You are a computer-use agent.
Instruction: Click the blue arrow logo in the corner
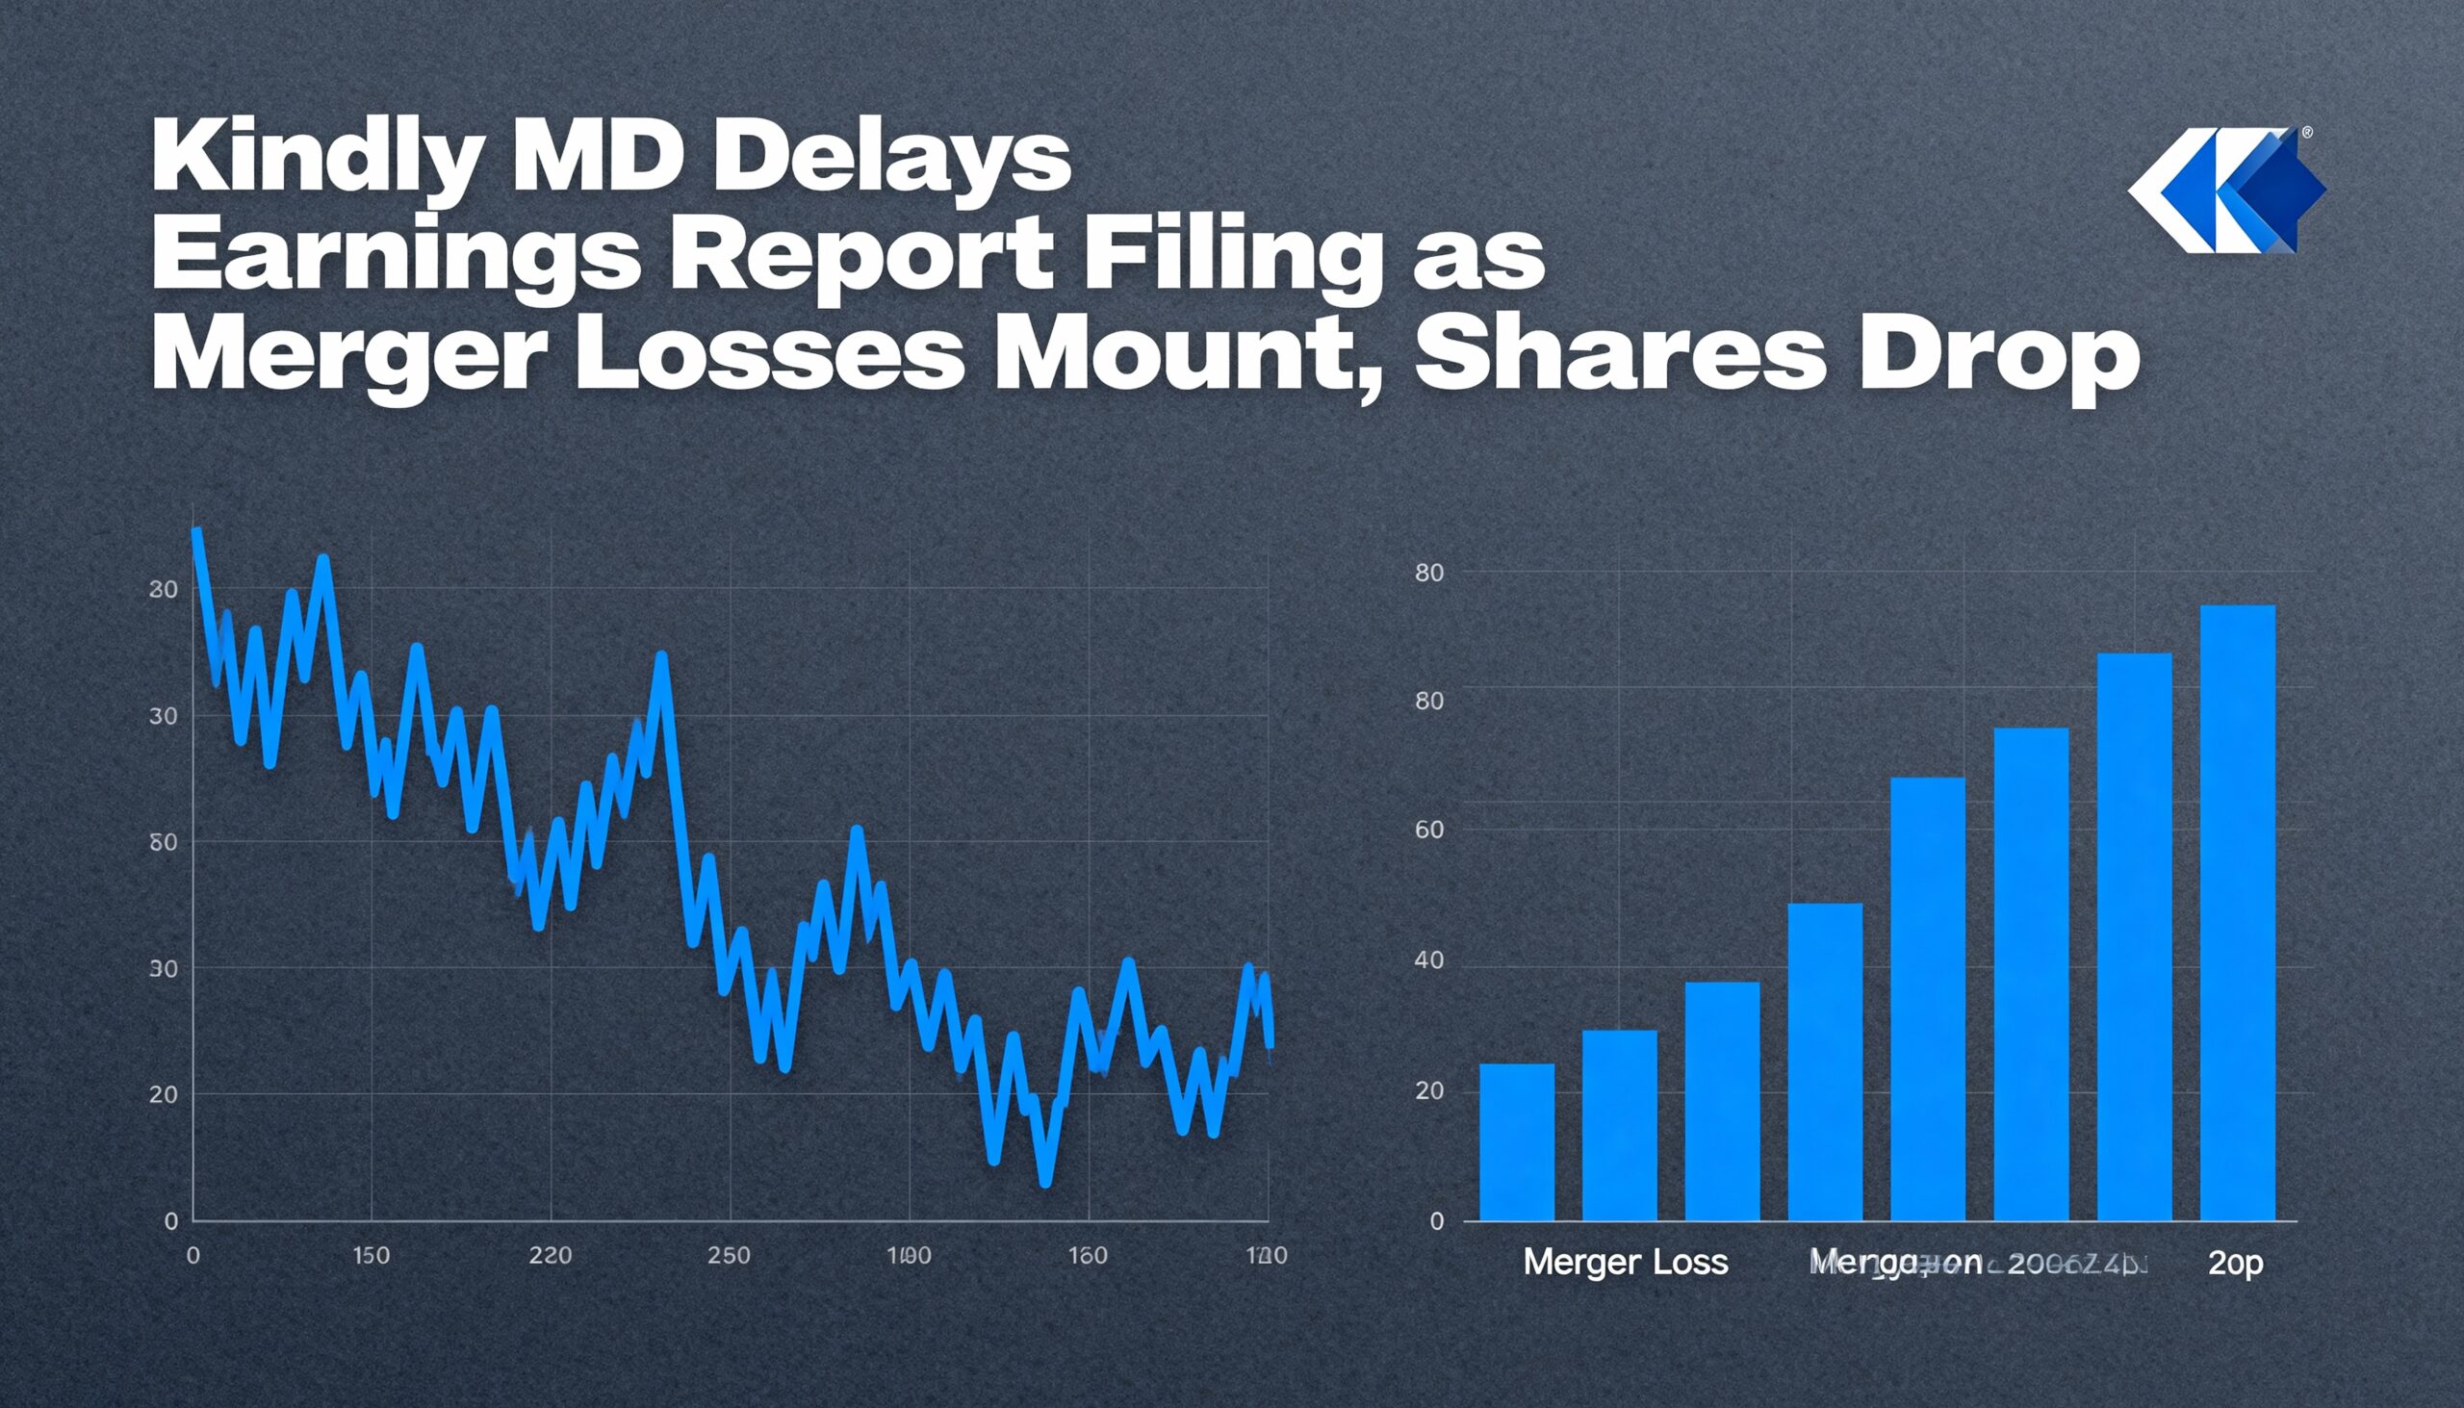point(2226,191)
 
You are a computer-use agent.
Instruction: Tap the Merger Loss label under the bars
point(1625,1262)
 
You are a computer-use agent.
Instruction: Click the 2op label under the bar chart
point(2235,1263)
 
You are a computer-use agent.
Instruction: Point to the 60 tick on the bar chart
point(1429,830)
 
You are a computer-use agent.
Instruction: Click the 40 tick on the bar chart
point(1429,960)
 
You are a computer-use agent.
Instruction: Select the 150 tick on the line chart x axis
point(371,1255)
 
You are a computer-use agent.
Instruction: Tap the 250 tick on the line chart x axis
point(729,1255)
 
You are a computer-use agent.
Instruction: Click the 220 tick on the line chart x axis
point(551,1255)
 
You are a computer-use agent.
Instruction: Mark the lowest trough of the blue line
point(1044,1181)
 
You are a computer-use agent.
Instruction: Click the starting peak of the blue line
point(196,532)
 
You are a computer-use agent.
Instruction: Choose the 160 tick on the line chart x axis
point(1087,1255)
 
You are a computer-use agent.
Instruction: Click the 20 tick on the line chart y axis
point(163,1094)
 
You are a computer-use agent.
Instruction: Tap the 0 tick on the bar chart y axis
point(1437,1221)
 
